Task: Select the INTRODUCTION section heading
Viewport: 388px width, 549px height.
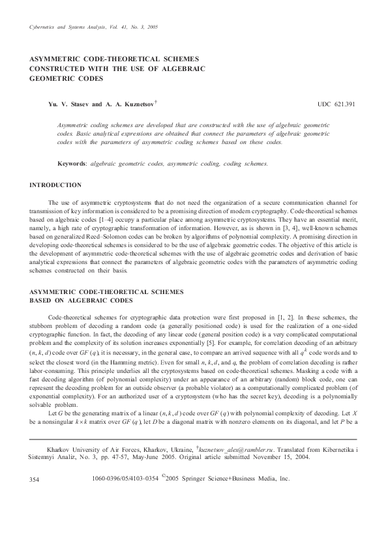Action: coord(55,185)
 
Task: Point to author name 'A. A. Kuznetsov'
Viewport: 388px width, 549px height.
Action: coord(140,104)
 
